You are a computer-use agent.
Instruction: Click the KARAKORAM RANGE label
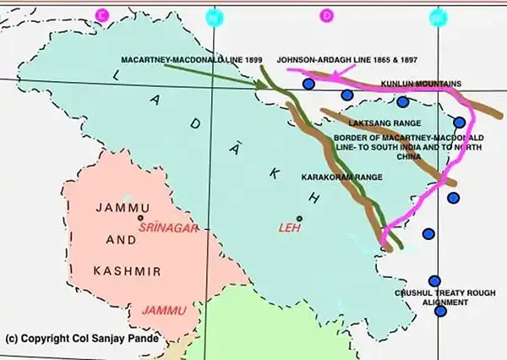pos(342,177)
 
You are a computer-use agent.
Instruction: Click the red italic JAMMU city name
pos(163,311)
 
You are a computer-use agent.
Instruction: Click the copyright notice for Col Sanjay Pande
pos(80,339)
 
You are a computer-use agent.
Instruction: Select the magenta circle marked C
pos(102,14)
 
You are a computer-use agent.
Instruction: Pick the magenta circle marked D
pos(326,14)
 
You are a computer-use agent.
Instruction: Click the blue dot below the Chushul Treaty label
pos(439,311)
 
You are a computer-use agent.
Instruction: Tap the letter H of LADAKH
pos(315,194)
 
